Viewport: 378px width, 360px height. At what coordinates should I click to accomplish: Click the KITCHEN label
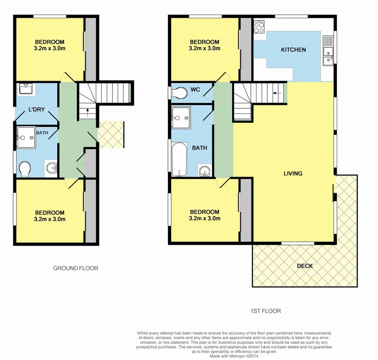tap(293, 50)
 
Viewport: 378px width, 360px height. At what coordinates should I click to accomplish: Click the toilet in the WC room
tap(178, 93)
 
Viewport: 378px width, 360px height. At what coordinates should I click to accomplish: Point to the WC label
tap(195, 89)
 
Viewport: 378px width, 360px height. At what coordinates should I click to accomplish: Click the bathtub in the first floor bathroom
tap(179, 161)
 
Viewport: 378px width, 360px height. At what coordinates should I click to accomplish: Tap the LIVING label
tap(293, 173)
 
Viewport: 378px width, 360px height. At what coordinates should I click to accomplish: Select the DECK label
tap(305, 266)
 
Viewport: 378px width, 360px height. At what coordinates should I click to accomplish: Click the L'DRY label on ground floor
tap(36, 110)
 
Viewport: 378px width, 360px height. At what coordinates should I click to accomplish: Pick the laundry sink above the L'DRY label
tap(24, 90)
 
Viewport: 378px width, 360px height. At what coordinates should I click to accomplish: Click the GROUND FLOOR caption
tap(76, 268)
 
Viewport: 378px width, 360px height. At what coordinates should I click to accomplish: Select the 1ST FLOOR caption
tap(266, 310)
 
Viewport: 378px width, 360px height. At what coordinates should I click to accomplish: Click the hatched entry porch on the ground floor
tap(111, 135)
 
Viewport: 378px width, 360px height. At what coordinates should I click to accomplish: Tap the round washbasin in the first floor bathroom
tap(204, 171)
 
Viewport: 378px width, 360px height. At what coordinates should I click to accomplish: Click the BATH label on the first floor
tap(199, 148)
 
